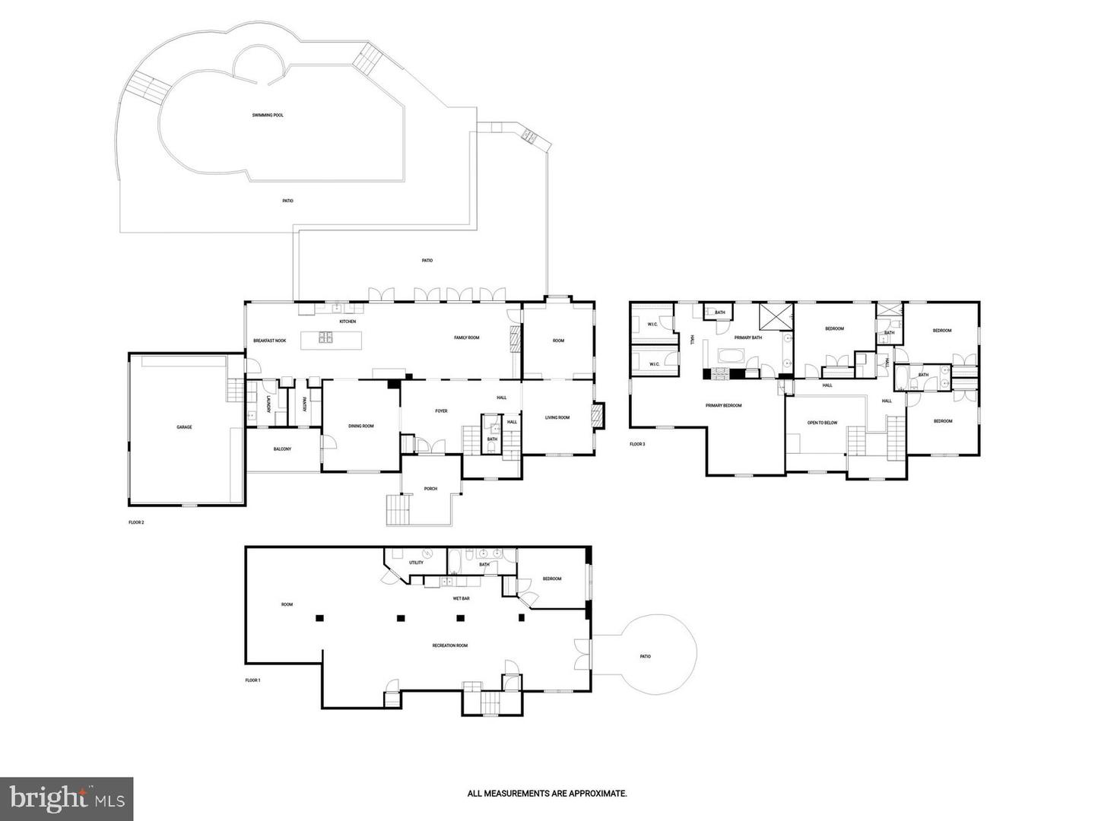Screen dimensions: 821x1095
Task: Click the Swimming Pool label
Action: (x=268, y=116)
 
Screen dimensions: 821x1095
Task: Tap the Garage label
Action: (x=184, y=427)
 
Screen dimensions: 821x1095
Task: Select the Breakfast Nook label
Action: (x=269, y=341)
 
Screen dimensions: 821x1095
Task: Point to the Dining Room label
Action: (x=361, y=426)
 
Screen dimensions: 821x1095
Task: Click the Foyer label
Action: (x=441, y=411)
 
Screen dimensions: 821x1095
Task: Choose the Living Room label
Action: (x=557, y=417)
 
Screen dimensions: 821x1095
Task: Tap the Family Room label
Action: (x=467, y=338)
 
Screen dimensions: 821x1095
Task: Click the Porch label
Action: (x=430, y=489)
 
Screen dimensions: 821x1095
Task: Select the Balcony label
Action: (x=282, y=449)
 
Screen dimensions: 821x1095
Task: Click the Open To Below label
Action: (x=822, y=423)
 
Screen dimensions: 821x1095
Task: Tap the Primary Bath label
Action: (x=748, y=338)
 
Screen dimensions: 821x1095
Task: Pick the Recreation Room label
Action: (x=449, y=645)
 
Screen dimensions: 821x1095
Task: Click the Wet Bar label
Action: (x=461, y=598)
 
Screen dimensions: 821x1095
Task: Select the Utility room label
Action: (x=416, y=563)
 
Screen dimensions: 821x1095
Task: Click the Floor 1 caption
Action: (x=252, y=680)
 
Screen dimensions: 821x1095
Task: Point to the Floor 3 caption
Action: (x=637, y=444)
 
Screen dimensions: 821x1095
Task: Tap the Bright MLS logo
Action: (x=67, y=798)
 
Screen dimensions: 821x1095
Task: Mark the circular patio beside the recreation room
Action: (x=645, y=656)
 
